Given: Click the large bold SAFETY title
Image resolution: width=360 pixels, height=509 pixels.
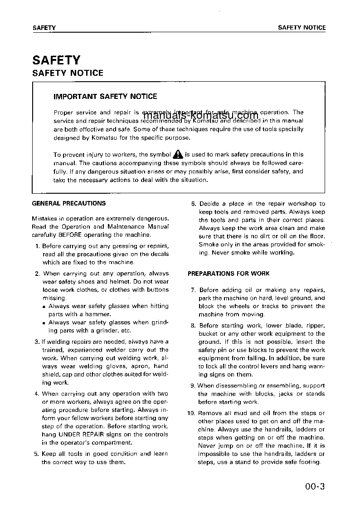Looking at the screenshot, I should pos(56,60).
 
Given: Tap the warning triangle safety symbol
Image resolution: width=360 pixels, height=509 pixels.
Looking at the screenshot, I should pos(178,154).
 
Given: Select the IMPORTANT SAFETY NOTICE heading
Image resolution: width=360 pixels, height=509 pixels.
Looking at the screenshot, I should pos(105,96).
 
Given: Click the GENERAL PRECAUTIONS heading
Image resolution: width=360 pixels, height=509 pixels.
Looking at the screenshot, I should pos(69,204).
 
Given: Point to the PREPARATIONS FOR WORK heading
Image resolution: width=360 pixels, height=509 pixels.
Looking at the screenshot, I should pos(229,274).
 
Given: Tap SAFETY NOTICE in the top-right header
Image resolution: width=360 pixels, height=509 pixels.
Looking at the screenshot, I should pos(302,28).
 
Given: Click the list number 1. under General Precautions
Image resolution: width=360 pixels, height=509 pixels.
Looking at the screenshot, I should pos(37,246).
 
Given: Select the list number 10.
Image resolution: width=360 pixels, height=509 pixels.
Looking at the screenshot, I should pos(191,413).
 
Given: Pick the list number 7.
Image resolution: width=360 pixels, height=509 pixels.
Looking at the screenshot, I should pos(193,290).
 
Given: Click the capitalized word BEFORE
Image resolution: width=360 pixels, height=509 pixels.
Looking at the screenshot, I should pos(69,235).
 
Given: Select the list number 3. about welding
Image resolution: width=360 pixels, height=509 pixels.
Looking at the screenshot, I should pos(37,342).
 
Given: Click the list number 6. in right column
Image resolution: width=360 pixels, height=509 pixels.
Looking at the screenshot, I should pos(193,204).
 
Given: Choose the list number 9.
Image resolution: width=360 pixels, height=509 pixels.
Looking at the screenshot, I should pos(193,386).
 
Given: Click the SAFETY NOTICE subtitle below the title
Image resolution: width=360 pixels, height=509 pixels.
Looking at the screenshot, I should pos(68,73).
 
